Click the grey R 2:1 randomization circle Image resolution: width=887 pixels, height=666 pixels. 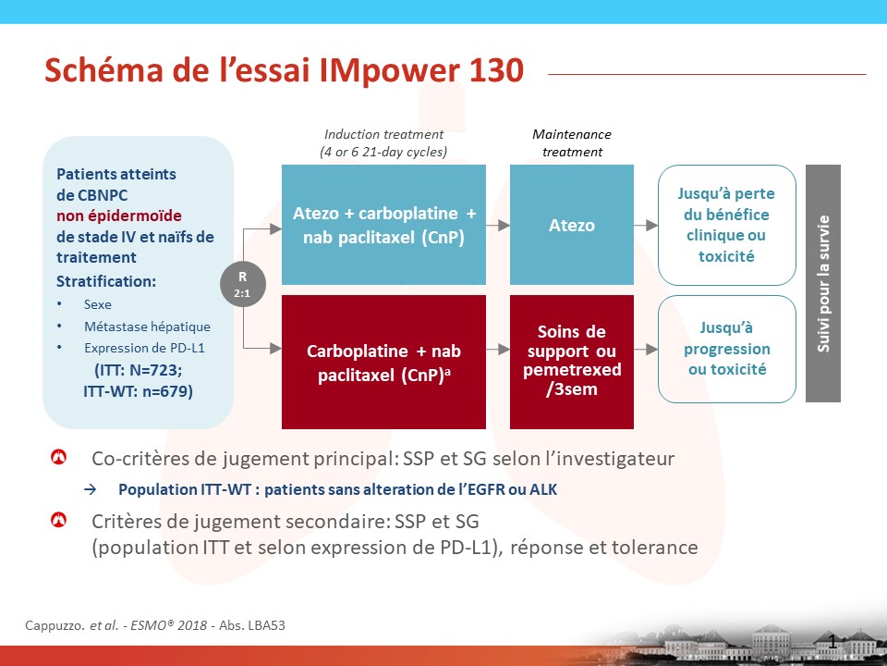pyautogui.click(x=243, y=284)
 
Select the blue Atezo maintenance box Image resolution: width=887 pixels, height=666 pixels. pyautogui.click(x=571, y=225)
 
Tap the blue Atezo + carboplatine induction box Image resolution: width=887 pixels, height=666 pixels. pyautogui.click(x=383, y=225)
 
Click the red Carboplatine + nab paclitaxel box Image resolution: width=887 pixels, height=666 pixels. pyautogui.click(x=383, y=362)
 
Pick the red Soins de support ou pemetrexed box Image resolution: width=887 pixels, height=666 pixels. pyautogui.click(x=571, y=362)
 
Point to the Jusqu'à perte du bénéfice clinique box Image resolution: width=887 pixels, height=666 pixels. pyautogui.click(x=727, y=225)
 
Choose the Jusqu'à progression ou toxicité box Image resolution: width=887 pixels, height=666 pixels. pyautogui.click(x=727, y=349)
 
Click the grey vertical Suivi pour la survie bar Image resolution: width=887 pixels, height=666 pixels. pyautogui.click(x=823, y=283)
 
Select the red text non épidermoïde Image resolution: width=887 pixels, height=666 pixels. pyautogui.click(x=119, y=216)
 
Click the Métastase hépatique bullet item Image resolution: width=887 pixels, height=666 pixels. pyautogui.click(x=147, y=327)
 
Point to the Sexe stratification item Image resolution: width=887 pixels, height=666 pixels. pyautogui.click(x=97, y=304)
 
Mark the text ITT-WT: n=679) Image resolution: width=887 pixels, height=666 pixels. pyautogui.click(x=138, y=391)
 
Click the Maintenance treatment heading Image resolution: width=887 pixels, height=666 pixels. pyautogui.click(x=572, y=142)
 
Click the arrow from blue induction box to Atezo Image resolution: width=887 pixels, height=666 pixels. pyautogui.click(x=498, y=226)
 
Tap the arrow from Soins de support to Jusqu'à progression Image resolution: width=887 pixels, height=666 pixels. pyautogui.click(x=646, y=350)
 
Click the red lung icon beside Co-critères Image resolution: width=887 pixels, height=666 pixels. pyautogui.click(x=59, y=456)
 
